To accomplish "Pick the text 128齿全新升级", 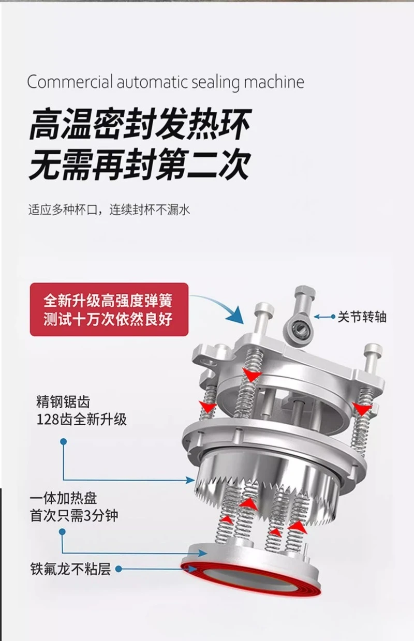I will [81, 419].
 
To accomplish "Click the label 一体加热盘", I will [63, 499].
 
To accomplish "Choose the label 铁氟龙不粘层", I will [70, 569].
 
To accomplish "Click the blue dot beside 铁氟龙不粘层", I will [119, 569].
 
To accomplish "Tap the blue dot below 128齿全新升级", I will [63, 442].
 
